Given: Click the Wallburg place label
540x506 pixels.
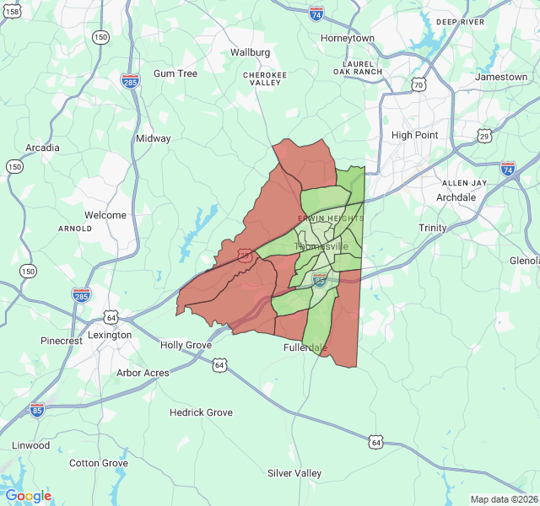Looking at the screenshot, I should coord(251,52).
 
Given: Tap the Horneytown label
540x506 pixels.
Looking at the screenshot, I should coord(348,39).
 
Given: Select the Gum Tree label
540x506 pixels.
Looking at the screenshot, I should coord(175,73).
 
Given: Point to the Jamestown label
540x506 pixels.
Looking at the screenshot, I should coord(501,77).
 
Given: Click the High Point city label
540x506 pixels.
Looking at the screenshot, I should coord(415,135).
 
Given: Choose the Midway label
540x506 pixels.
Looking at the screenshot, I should coord(154,138).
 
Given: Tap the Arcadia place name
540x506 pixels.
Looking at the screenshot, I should coord(42,148).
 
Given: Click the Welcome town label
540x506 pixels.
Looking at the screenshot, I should coord(105,215).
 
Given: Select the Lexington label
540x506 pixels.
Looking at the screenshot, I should coord(110,335).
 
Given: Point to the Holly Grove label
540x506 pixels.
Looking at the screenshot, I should coord(186,345).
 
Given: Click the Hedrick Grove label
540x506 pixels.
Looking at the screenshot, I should coord(201,412).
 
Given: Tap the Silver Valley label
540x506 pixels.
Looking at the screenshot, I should coord(294,473).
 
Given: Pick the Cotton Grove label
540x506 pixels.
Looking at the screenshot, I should coord(99,463).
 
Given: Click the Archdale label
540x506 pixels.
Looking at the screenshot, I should coord(456,197).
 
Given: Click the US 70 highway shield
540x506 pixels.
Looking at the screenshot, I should coord(419,84).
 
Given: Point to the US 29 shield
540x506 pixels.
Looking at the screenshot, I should coord(484,136).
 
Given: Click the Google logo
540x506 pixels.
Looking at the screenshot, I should coord(28,496).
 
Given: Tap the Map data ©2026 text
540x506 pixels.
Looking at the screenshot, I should coord(503,499).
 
